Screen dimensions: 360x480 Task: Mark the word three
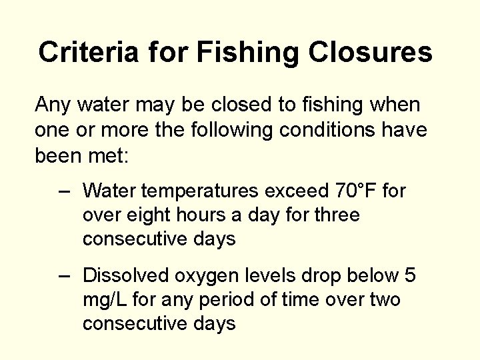point(337,215)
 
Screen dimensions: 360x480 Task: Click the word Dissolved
point(127,275)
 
